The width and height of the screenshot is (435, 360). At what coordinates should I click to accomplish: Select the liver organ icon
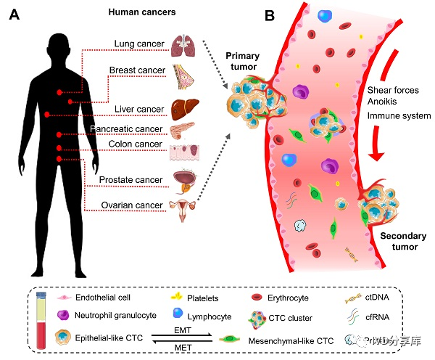click(183, 110)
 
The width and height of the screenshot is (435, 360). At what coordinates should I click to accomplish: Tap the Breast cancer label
click(138, 70)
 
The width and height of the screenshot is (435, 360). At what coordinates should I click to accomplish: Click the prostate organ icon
click(183, 179)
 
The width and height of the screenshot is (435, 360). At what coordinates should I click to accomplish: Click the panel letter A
click(14, 15)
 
